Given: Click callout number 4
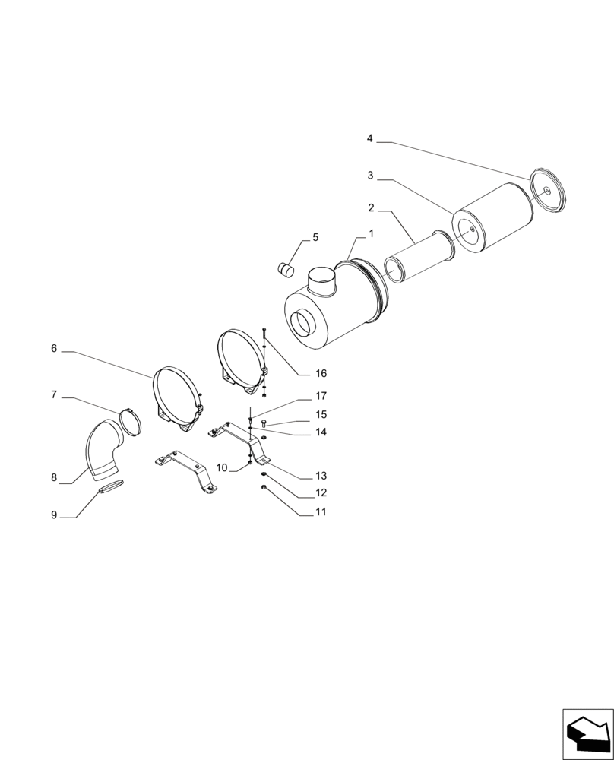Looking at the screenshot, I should tap(370, 139).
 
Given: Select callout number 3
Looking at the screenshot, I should tap(370, 176).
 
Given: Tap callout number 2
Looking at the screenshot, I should tap(370, 207).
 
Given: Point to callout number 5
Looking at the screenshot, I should tap(315, 237).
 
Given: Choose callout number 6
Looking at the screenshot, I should tap(54, 349).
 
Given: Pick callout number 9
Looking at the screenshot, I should tap(54, 515).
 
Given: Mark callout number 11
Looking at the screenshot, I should tap(321, 512).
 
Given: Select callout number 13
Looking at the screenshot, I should tap(321, 476).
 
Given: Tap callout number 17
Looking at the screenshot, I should tap(321, 396).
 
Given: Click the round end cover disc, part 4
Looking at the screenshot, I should tap(549, 190).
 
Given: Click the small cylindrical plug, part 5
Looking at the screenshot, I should tap(286, 268).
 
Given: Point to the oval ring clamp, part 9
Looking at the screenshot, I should tap(109, 487).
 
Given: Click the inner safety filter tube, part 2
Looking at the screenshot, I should tap(418, 259).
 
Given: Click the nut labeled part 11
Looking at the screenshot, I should tap(263, 487).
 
